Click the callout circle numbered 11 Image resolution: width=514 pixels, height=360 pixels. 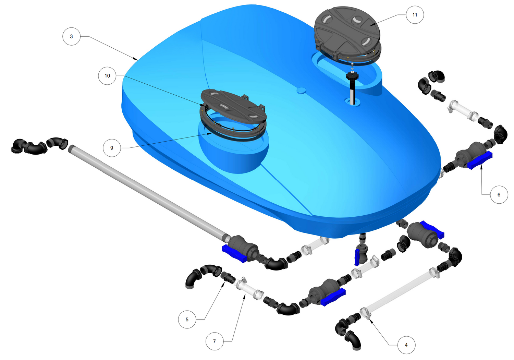(415, 15)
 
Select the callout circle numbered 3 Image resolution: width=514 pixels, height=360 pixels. (71, 36)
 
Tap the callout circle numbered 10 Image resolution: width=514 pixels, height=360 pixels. (107, 76)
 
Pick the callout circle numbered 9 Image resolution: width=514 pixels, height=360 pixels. (112, 148)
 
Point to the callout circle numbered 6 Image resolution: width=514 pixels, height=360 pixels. (499, 195)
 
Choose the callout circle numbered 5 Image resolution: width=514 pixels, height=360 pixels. (187, 320)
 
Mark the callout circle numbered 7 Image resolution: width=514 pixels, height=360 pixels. (215, 341)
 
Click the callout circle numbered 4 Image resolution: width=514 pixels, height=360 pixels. (406, 345)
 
